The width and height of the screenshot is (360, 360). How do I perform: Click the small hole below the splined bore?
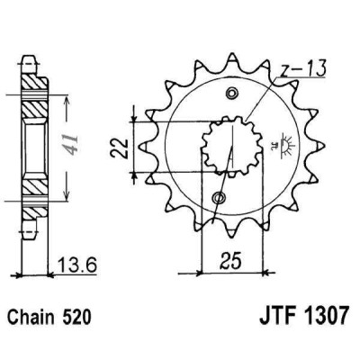coord(217,197)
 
